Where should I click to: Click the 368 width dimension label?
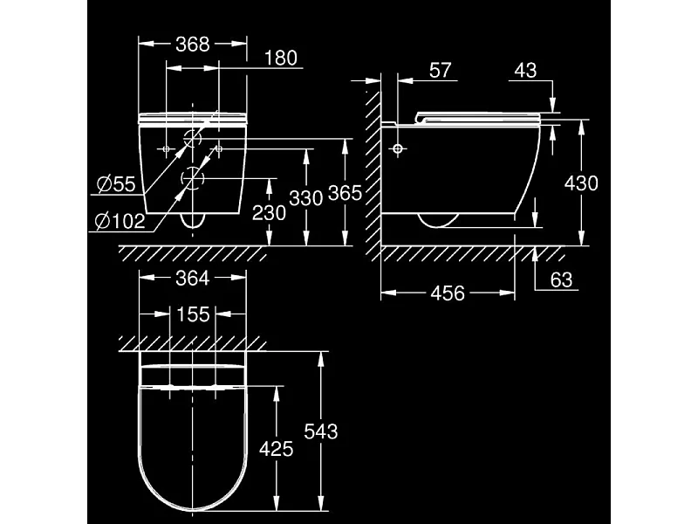click(193, 44)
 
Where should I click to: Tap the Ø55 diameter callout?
click(116, 184)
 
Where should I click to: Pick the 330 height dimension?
click(306, 198)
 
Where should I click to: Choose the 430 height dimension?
click(581, 183)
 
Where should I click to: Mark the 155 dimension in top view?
click(193, 314)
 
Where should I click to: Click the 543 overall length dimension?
click(320, 431)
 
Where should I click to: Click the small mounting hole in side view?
click(398, 149)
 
